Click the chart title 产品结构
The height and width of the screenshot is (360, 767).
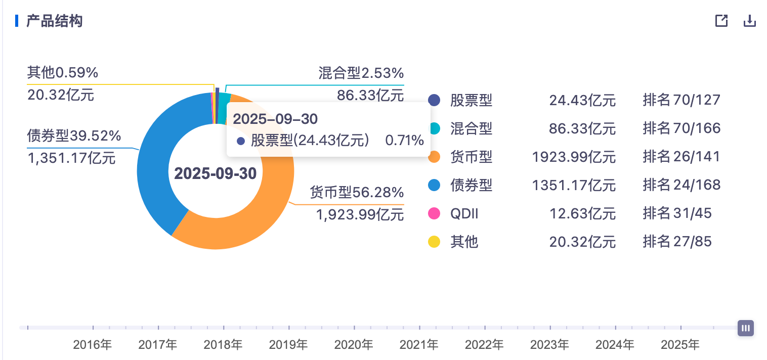54,21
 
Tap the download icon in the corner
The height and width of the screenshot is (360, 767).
749,21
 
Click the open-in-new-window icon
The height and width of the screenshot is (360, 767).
721,21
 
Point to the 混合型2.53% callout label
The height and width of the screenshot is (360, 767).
361,73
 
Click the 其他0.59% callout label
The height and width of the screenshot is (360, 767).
62,73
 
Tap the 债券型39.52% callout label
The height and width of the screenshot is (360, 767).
74,136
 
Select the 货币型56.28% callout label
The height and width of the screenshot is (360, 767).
357,193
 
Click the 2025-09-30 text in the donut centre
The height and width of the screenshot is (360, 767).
216,173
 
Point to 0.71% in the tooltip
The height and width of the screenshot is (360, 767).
404,141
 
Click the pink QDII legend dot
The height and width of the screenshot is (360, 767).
434,214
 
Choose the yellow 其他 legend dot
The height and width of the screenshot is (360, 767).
434,242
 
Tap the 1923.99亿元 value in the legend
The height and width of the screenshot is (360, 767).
574,157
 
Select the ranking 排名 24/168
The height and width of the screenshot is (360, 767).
681,186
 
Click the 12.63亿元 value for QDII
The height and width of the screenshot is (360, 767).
582,214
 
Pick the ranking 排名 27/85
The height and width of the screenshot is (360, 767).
677,242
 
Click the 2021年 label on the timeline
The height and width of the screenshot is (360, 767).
418,345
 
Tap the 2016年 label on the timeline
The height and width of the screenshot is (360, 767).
92,345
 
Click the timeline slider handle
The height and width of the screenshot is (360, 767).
745,328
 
